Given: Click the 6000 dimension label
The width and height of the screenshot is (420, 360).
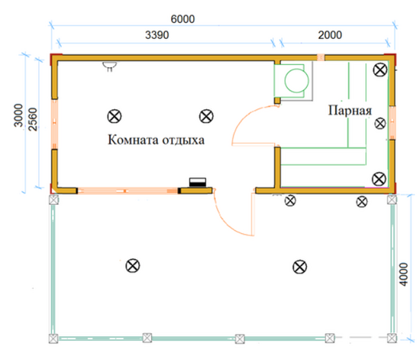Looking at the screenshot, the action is (183, 19).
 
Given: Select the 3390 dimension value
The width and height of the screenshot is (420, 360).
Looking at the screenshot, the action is (157, 35).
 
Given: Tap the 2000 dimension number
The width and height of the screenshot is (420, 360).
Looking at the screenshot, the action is (330, 35).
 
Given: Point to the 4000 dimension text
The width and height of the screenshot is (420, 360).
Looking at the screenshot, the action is (403, 274).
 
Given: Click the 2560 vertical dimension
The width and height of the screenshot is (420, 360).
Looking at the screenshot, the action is (33, 119).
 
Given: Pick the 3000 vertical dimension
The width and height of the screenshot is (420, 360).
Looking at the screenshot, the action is (18, 115).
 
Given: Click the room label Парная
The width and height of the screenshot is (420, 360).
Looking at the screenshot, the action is (350, 110).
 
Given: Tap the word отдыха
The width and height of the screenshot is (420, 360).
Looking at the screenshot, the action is (183, 140).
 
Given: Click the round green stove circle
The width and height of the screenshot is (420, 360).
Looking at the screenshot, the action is (296, 80).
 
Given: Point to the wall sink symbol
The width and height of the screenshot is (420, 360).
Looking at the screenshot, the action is (110, 66).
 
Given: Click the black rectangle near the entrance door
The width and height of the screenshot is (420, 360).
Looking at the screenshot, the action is (198, 182).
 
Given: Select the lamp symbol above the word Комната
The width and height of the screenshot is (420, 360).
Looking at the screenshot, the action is (115, 116).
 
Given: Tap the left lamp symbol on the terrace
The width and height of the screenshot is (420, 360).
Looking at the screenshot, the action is (133, 266).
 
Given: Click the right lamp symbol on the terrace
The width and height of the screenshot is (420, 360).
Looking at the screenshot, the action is (300, 267).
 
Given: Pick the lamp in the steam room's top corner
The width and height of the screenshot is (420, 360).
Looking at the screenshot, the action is (380, 70).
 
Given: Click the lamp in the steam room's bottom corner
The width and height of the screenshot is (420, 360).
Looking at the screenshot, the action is (379, 179).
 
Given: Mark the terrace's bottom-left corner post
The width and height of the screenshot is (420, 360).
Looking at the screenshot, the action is (53, 339).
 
